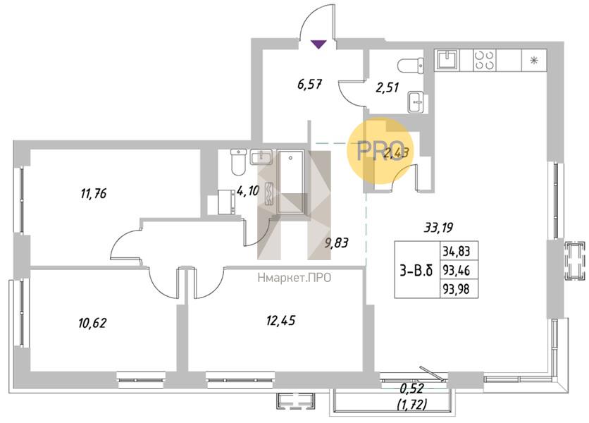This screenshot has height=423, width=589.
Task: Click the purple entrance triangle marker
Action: pyautogui.click(x=318, y=44)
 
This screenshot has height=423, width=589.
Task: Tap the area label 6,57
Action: pyautogui.click(x=309, y=84)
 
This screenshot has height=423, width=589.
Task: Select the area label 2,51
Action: pyautogui.click(x=387, y=87)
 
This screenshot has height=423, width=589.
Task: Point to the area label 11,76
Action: pyautogui.click(x=94, y=194)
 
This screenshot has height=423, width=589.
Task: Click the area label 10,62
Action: pyautogui.click(x=92, y=323)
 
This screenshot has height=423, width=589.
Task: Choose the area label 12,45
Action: pyautogui.click(x=280, y=321)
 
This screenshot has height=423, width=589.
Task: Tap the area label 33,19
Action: pyautogui.click(x=438, y=227)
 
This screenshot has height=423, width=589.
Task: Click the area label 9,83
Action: pyautogui.click(x=337, y=243)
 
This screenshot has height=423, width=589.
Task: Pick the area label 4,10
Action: pyautogui.click(x=248, y=191)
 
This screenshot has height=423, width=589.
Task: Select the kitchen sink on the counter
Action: pyautogui.click(x=447, y=60)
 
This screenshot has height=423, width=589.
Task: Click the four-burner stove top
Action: pyautogui.click(x=484, y=60)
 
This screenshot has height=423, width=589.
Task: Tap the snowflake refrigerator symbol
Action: pyautogui.click(x=534, y=60)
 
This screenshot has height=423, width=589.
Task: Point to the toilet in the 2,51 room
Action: pyautogui.click(x=411, y=65)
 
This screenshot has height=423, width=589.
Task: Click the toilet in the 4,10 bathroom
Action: pyautogui.click(x=238, y=161)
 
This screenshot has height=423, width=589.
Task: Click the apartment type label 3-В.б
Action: pyautogui.click(x=416, y=270)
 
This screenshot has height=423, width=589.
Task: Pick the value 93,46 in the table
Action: pyautogui.click(x=457, y=270)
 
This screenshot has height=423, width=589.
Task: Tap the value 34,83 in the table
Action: pyautogui.click(x=457, y=250)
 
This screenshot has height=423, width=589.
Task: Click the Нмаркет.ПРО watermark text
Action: pyautogui.click(x=294, y=278)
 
